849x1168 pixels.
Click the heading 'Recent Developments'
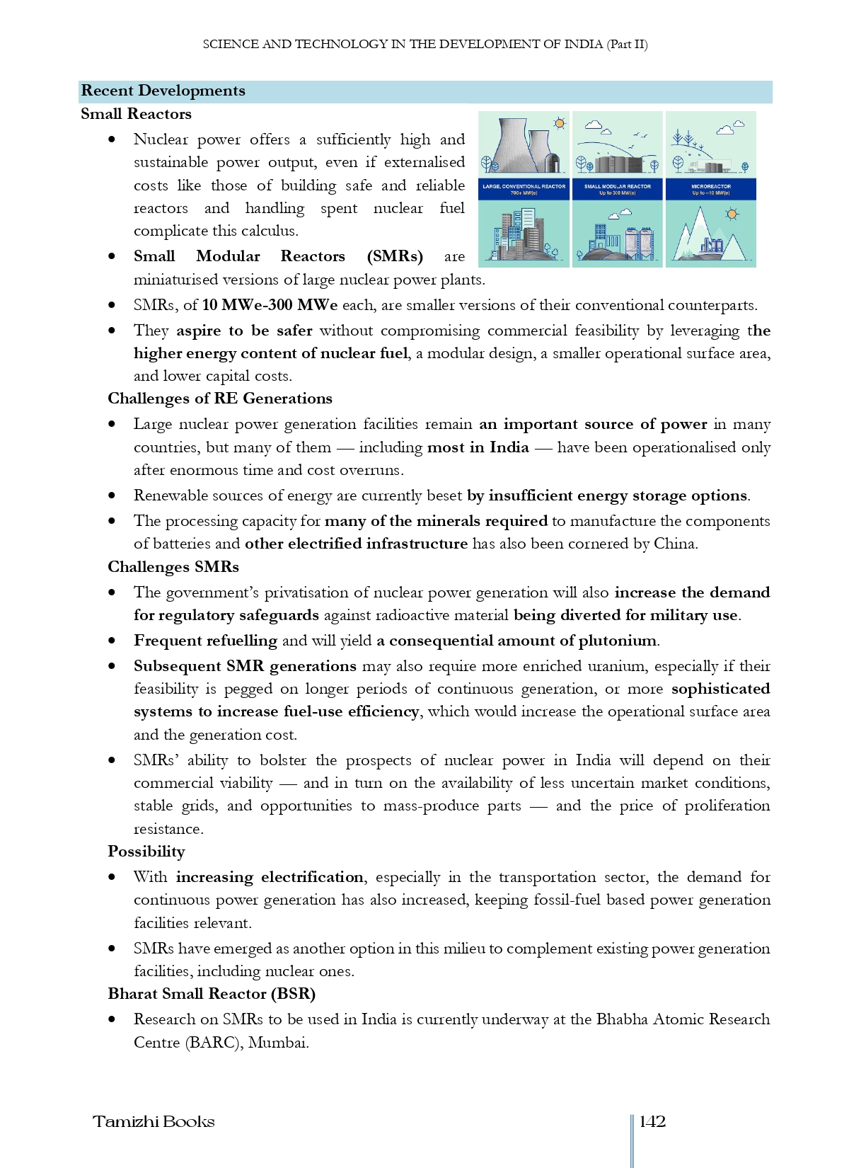[x=163, y=91]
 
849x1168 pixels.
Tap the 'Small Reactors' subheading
[x=136, y=114]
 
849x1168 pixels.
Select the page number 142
[x=652, y=1121]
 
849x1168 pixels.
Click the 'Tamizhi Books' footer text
[x=154, y=1121]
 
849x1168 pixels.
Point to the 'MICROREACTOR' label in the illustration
[x=710, y=186]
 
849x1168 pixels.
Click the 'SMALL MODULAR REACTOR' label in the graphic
[x=617, y=186]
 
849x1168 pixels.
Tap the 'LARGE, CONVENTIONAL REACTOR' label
[x=524, y=186]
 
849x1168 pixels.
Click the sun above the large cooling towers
[x=560, y=123]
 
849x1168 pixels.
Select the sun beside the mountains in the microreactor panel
[x=732, y=214]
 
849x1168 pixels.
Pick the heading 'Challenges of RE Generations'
[x=220, y=399]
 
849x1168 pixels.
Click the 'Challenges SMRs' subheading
[x=173, y=567]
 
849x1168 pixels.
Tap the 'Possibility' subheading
[x=146, y=852]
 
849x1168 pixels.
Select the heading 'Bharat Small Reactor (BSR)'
[x=212, y=994]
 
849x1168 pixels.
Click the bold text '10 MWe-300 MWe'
[x=270, y=305]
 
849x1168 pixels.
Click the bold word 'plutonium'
[x=618, y=641]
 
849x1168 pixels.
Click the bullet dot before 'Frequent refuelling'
[x=112, y=641]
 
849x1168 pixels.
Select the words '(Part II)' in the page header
[x=627, y=44]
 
